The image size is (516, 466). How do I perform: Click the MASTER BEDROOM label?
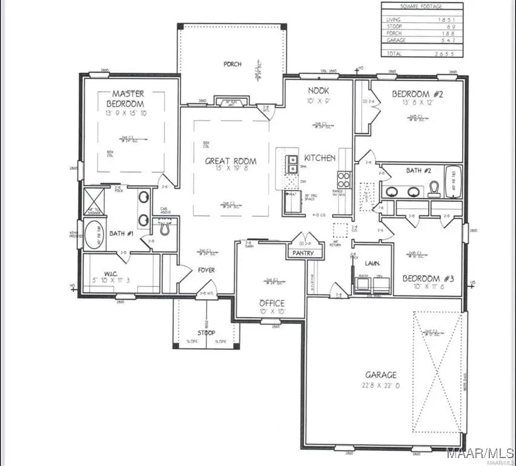(128, 98)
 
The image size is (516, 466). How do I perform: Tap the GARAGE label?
(381, 374)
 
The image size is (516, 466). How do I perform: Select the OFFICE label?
(272, 303)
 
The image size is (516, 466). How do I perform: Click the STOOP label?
(207, 333)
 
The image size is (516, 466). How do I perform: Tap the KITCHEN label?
(319, 158)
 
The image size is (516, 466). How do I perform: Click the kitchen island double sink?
(292, 164)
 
